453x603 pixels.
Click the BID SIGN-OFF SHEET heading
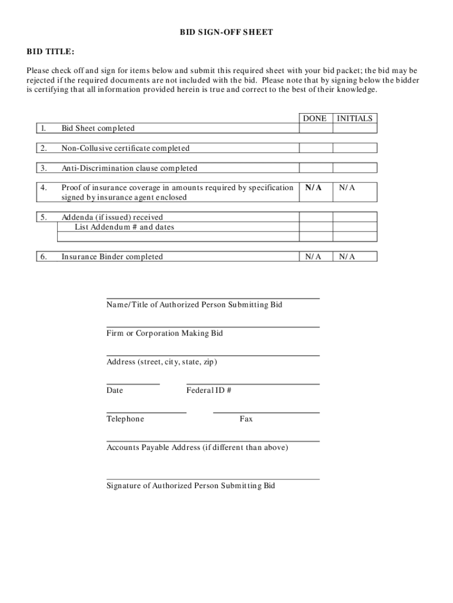(x=226, y=32)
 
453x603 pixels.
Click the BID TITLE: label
(x=51, y=52)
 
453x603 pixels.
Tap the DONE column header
(x=315, y=118)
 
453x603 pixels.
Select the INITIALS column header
(x=355, y=118)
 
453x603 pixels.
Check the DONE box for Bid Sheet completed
(x=316, y=128)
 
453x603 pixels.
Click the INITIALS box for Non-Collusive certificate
(x=355, y=148)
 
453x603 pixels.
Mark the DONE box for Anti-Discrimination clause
(x=316, y=168)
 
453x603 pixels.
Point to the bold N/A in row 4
(x=314, y=187)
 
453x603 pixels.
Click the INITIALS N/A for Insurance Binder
(x=347, y=257)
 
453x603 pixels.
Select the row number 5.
(x=44, y=217)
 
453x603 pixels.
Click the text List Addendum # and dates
(x=124, y=227)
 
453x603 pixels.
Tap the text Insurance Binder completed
(x=112, y=257)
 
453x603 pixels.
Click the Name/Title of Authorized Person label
(x=194, y=304)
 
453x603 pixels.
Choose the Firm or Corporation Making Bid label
(x=164, y=333)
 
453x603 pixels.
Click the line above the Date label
(x=133, y=384)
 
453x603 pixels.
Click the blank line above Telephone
(x=146, y=412)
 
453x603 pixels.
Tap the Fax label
(x=246, y=419)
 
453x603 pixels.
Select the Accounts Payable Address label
(x=197, y=448)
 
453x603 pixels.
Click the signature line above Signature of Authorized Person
(x=213, y=479)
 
